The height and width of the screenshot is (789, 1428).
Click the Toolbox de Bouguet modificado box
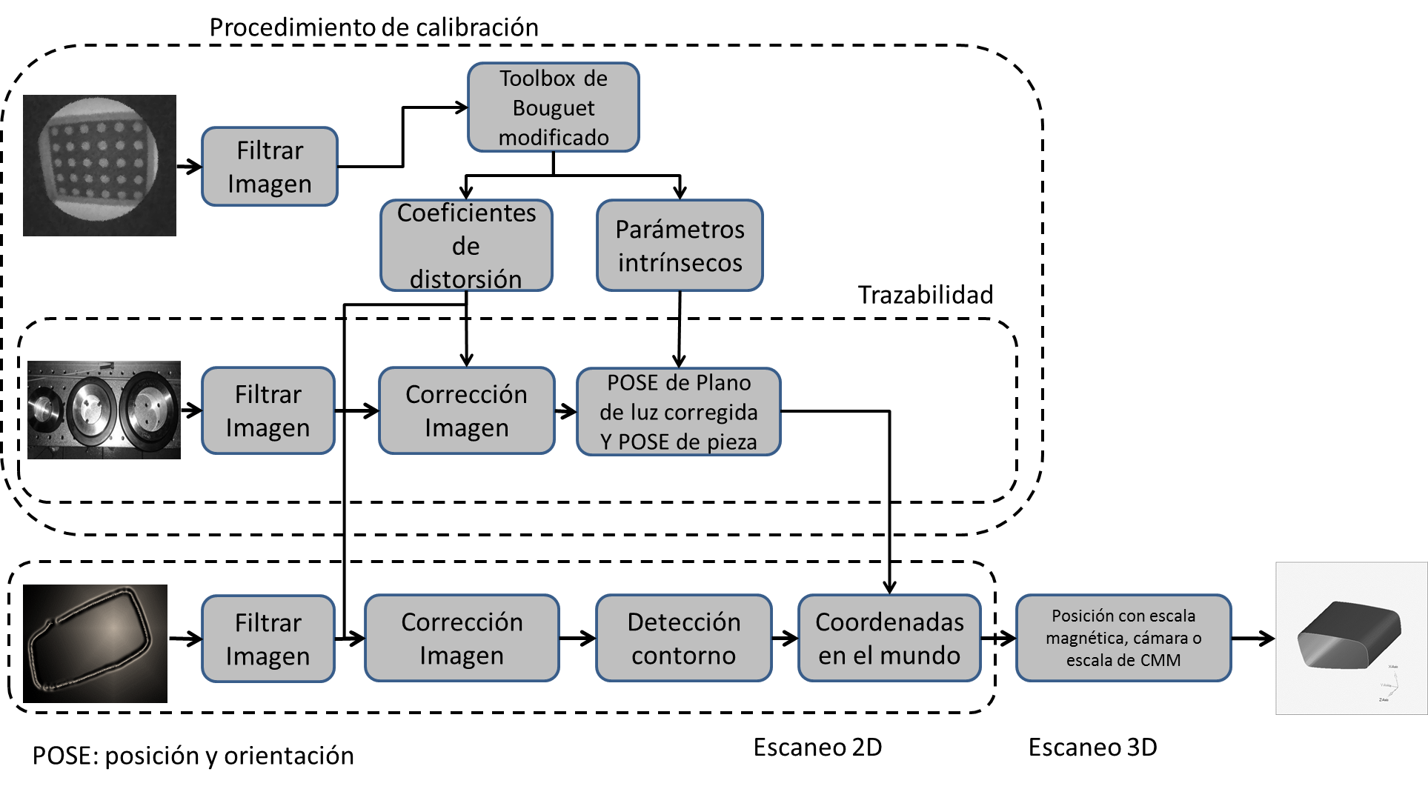tap(553, 107)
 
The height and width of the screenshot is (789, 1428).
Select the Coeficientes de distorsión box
tap(466, 245)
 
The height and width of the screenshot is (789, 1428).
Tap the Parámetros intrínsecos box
tap(680, 245)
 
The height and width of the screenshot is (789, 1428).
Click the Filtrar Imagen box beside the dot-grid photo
tap(270, 167)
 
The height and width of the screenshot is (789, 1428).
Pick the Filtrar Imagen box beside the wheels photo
tap(268, 410)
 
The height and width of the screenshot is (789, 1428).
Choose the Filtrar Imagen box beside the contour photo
tap(268, 639)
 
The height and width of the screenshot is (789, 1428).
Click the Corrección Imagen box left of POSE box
tap(466, 410)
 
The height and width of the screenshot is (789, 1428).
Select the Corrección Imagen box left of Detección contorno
tap(462, 638)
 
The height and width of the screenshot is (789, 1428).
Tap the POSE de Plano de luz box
tap(678, 412)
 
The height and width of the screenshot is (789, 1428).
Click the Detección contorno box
tap(683, 638)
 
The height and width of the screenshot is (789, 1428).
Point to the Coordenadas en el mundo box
tap(889, 638)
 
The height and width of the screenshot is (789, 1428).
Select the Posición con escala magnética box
tap(1123, 638)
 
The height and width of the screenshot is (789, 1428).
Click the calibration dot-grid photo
tap(99, 165)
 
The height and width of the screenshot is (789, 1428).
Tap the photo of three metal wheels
tap(104, 410)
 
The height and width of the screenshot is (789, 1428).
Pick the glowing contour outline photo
tap(95, 643)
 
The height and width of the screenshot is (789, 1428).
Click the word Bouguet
tap(554, 108)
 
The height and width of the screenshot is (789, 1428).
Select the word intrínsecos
tap(680, 263)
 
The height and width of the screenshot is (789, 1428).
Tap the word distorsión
tap(465, 279)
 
